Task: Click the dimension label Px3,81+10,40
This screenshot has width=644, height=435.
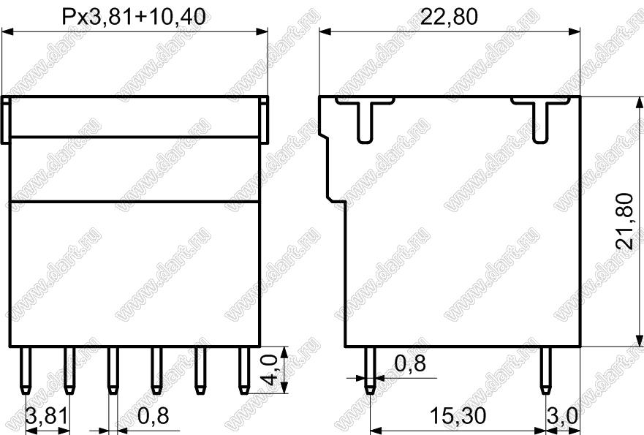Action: coord(134,18)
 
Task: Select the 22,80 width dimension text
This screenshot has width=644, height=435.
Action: coord(450,18)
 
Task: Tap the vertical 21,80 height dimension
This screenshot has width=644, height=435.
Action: coord(625,221)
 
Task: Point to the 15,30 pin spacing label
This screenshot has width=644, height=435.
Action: coord(458,416)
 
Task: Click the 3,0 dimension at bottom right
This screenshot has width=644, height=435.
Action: coord(562,416)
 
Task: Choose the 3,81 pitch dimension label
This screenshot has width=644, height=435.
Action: coord(46,416)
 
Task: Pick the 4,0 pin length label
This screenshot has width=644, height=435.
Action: coord(271,371)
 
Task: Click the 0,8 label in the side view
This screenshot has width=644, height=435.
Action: coord(410,363)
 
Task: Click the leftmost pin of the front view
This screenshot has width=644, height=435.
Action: coord(26,371)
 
